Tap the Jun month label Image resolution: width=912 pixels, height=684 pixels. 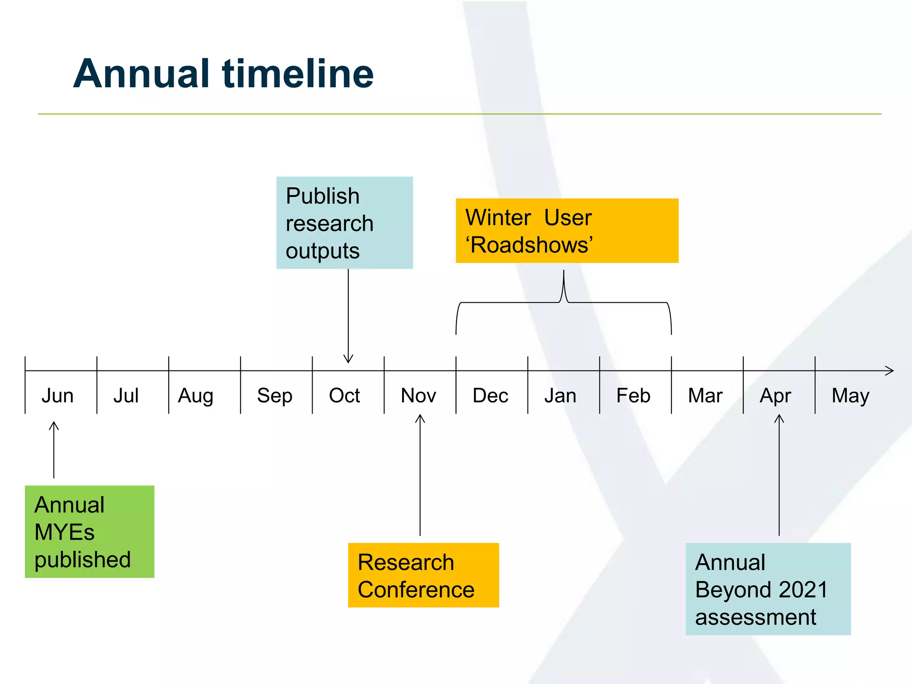[x=57, y=395]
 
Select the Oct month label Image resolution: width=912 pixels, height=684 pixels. [x=344, y=395]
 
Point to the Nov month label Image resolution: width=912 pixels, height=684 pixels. [x=418, y=395]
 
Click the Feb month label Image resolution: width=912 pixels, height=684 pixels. [x=633, y=395]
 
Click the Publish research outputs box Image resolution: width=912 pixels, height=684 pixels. [x=344, y=223]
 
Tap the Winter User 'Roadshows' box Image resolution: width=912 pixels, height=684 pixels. [x=566, y=231]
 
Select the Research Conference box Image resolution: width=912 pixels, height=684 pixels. [x=423, y=575]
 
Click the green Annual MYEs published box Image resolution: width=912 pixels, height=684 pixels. [x=90, y=532]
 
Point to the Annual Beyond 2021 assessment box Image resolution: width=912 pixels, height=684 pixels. [x=768, y=589]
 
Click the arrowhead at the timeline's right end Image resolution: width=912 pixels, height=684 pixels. [x=889, y=370]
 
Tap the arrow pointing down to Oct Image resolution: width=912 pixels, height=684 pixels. [x=348, y=316]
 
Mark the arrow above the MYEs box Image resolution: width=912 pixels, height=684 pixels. [x=54, y=450]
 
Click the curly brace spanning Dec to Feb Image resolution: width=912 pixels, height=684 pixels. [x=564, y=303]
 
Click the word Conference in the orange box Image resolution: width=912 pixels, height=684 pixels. [x=416, y=590]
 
